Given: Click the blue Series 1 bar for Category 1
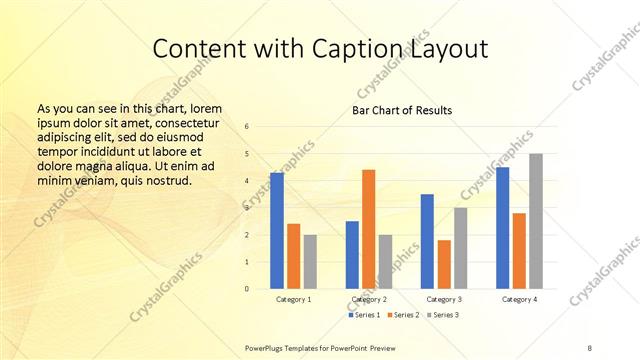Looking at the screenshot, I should pos(277,231).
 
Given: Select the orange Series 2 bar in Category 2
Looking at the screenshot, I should pos(368,229).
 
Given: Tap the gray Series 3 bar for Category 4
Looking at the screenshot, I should pos(536,221).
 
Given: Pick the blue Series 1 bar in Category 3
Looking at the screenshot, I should pos(427,241).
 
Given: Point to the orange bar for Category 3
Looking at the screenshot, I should pos(444,264).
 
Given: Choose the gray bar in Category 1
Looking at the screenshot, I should pos(310,262).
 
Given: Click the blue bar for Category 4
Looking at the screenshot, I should pos(503,228).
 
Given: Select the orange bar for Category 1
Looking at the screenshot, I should pos(293,256).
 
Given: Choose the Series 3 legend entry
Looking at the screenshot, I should pos(444,316).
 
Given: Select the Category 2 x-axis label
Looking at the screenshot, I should pos(369,300).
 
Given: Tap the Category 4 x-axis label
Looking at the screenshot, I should pos(519,300).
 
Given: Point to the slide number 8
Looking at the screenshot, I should pos(590,346).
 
